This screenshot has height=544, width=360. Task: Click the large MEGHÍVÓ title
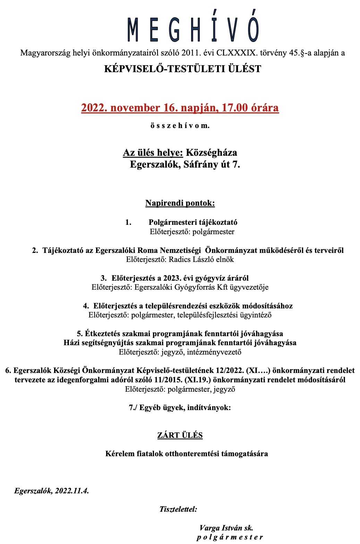pos(193,30)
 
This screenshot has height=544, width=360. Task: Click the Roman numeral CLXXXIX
pos(237,53)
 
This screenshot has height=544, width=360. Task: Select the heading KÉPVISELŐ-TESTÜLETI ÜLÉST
pos(182,69)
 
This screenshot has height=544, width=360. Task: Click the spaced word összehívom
pos(180,126)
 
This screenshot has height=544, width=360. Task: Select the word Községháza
pos(212,153)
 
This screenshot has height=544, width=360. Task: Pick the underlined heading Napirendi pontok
pos(180,203)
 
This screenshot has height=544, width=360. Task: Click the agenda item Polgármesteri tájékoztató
pos(193,222)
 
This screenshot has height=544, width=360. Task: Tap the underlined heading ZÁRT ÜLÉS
pos(180,435)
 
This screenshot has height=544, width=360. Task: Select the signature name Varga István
pos(221,528)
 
